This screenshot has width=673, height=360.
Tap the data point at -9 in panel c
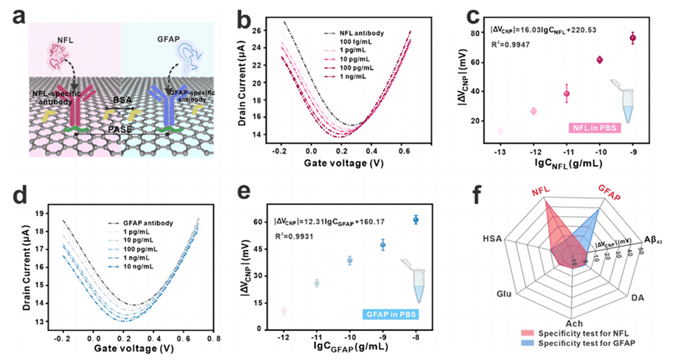(x=633, y=37)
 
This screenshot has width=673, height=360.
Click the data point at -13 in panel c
(x=500, y=130)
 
